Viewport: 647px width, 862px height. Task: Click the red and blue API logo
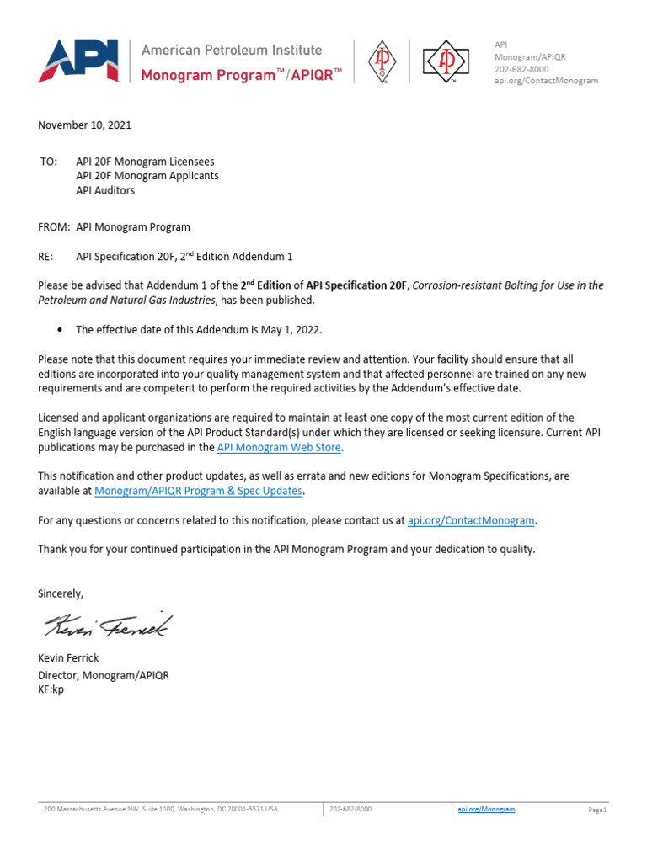pyautogui.click(x=81, y=61)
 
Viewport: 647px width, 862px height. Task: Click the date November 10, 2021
pyautogui.click(x=84, y=125)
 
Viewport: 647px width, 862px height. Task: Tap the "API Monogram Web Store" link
pyautogui.click(x=280, y=447)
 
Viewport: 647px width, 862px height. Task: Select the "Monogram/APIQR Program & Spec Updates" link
pyautogui.click(x=199, y=490)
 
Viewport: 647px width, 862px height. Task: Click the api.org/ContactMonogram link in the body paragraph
pyautogui.click(x=471, y=520)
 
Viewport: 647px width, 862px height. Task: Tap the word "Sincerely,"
pyautogui.click(x=61, y=593)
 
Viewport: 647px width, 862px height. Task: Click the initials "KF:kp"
pyautogui.click(x=51, y=689)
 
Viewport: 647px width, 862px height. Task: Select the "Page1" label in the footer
pyautogui.click(x=597, y=810)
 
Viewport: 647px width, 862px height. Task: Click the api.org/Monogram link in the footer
pyautogui.click(x=486, y=809)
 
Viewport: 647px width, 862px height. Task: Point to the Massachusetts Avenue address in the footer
pyautogui.click(x=160, y=809)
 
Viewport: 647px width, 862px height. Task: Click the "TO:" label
pyautogui.click(x=48, y=161)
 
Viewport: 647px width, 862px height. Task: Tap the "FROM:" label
pyautogui.click(x=53, y=226)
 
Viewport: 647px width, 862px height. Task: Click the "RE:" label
pyautogui.click(x=47, y=257)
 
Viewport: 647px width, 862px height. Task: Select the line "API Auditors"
pyautogui.click(x=105, y=190)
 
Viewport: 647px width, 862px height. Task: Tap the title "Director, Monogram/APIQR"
pyautogui.click(x=104, y=675)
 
